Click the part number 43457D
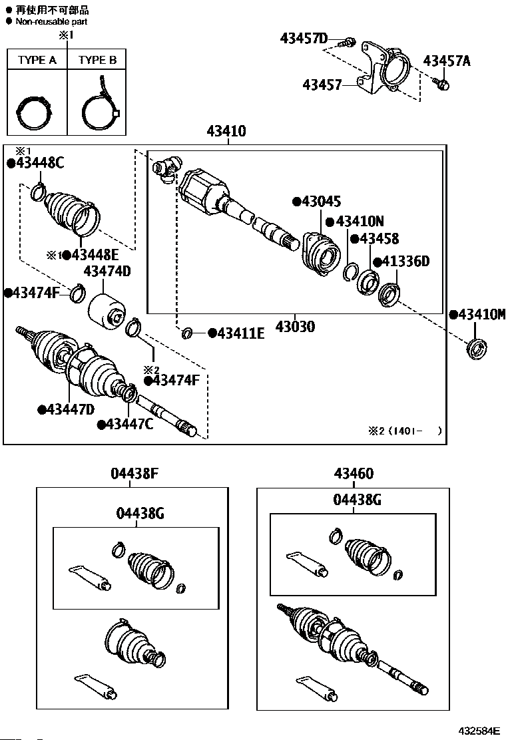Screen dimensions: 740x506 tap(304, 39)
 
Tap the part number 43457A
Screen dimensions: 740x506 tap(447, 61)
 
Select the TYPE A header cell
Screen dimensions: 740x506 tap(37, 60)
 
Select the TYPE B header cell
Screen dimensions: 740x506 tap(97, 60)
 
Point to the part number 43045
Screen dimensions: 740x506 tap(320, 202)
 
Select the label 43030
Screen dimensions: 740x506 tap(295, 327)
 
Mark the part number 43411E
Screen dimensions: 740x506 tap(240, 333)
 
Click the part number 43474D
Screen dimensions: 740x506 tap(107, 271)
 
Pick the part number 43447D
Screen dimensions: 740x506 tap(70, 409)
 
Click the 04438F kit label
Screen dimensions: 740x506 tap(134, 474)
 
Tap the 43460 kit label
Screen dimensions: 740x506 tap(354, 474)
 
